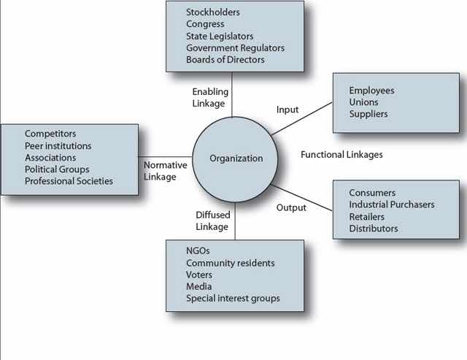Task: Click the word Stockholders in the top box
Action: (x=213, y=12)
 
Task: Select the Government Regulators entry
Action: (x=235, y=48)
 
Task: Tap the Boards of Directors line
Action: (x=225, y=60)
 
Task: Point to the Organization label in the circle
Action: (x=236, y=158)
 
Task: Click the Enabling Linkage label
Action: (x=210, y=97)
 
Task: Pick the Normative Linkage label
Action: (x=166, y=171)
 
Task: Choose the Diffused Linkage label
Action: (x=213, y=221)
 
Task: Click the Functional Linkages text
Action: (x=341, y=155)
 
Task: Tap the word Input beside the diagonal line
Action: (x=287, y=110)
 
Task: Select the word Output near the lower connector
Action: (x=291, y=207)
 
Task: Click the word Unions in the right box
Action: (x=363, y=102)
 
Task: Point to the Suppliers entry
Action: (x=368, y=114)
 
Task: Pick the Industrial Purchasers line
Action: (x=392, y=204)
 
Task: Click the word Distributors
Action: (x=374, y=229)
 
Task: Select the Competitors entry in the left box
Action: (x=50, y=134)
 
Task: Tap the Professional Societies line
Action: (x=69, y=181)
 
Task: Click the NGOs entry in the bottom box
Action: (x=198, y=250)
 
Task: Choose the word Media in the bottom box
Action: (x=199, y=286)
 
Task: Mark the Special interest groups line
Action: (x=233, y=299)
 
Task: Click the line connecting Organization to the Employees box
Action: (x=301, y=119)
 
